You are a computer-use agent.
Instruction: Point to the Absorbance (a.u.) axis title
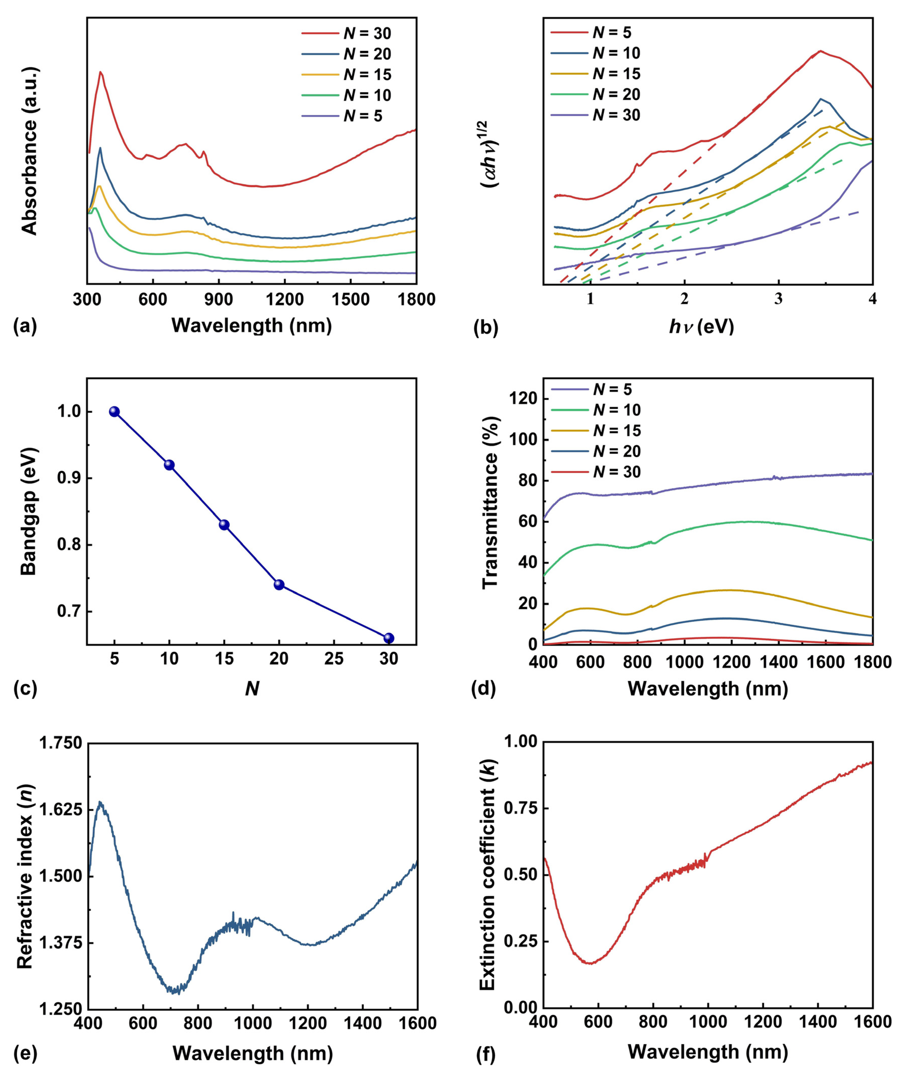pyautogui.click(x=30, y=151)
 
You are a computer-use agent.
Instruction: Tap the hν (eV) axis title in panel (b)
pyautogui.click(x=701, y=326)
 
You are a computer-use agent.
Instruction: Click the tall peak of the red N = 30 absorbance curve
pyautogui.click(x=101, y=72)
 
